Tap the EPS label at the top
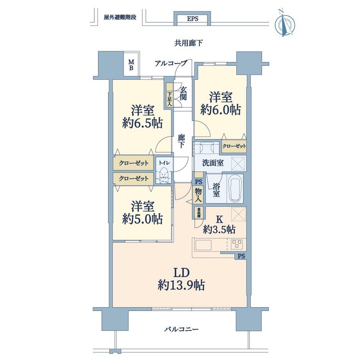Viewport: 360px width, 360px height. [193, 19]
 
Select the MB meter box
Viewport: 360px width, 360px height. [131, 65]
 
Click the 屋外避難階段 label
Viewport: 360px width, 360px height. [120, 17]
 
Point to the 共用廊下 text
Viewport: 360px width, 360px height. [188, 43]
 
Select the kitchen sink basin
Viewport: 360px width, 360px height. [203, 245]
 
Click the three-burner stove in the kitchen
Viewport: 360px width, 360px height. [236, 244]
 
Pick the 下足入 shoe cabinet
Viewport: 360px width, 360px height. [169, 95]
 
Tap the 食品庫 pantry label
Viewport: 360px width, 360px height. [198, 212]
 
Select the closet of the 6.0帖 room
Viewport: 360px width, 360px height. [234, 146]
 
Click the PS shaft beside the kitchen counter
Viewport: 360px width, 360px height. [241, 256]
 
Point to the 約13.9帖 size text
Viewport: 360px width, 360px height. [181, 285]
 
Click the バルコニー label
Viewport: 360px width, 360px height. [181, 329]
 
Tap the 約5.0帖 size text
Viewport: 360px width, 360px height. [142, 219]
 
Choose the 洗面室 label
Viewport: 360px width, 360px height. [213, 163]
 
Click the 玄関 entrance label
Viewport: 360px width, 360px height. [183, 94]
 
